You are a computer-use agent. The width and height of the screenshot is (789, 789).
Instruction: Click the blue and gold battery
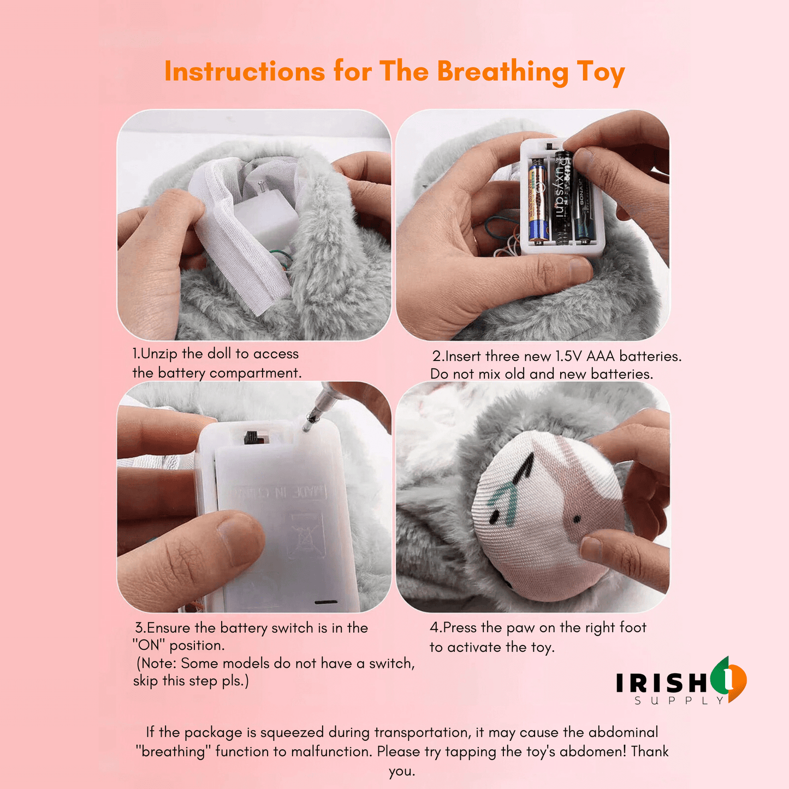point(538,200)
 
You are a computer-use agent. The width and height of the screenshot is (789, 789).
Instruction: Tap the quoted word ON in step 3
point(149,645)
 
